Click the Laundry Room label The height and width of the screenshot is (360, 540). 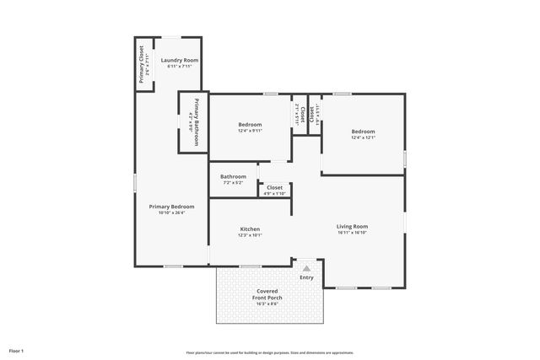(x=179, y=61)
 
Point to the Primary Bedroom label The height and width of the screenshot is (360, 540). (x=171, y=207)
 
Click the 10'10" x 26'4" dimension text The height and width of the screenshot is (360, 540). (x=171, y=213)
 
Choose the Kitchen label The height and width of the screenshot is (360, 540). (x=250, y=229)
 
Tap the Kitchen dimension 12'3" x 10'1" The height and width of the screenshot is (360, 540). (x=250, y=236)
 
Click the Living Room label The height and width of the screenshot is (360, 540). (x=352, y=226)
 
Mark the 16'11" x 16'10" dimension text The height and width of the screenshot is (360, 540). (x=352, y=233)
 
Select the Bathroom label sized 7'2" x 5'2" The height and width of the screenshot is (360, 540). (x=233, y=177)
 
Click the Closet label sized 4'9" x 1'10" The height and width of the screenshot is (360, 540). (x=275, y=188)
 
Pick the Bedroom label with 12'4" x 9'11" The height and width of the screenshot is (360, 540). (x=250, y=125)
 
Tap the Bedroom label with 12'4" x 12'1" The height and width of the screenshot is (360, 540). (x=363, y=132)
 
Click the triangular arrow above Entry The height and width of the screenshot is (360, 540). (x=306, y=268)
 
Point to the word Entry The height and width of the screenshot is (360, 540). (x=306, y=277)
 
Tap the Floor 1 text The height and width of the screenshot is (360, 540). (x=16, y=350)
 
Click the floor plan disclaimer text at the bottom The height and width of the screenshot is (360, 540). (x=270, y=352)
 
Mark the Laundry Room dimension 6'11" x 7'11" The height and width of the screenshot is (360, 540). (x=179, y=67)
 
